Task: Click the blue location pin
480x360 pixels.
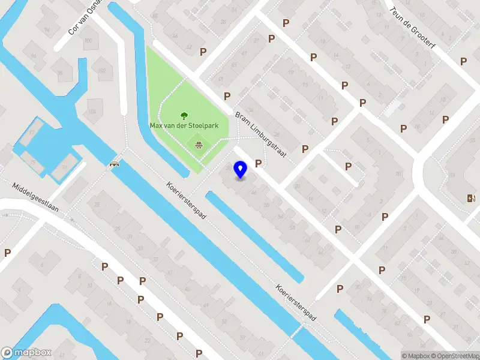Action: coord(241,170)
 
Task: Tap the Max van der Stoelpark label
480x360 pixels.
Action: coord(188,126)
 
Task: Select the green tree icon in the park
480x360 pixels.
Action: coord(184,115)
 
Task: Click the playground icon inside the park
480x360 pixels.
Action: coord(197,143)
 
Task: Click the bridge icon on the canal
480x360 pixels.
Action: coord(113,163)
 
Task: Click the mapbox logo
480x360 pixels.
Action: coord(26,353)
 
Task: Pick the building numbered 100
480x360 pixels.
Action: coord(88,40)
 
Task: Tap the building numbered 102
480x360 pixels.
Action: coord(101,70)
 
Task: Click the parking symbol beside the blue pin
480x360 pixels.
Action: coord(259,163)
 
